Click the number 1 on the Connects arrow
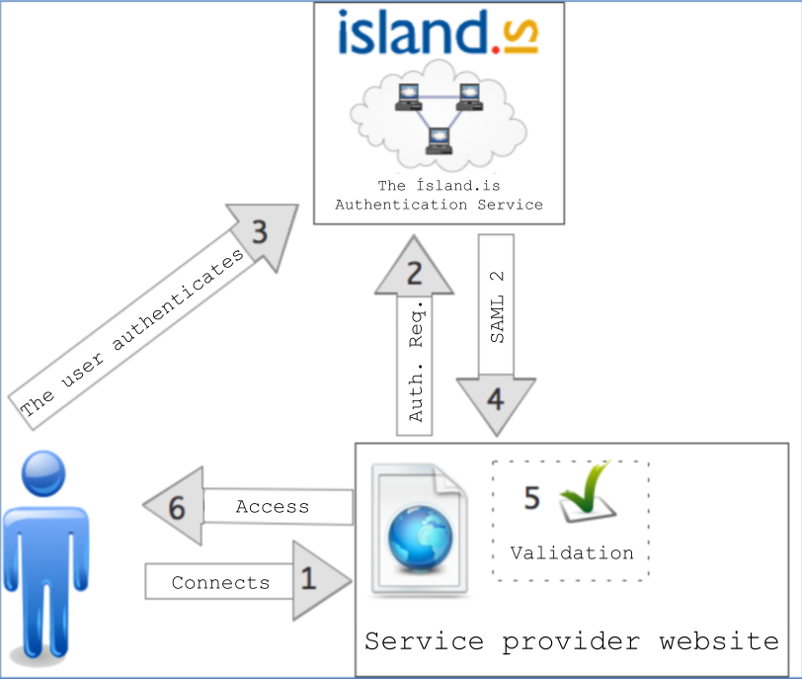pos(309,578)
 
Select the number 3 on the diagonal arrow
pos(259,233)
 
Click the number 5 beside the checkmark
pos(531,498)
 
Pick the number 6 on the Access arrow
pos(178,508)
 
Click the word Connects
pos(220,583)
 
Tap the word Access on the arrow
pos(273,507)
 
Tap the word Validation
pos(572,552)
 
